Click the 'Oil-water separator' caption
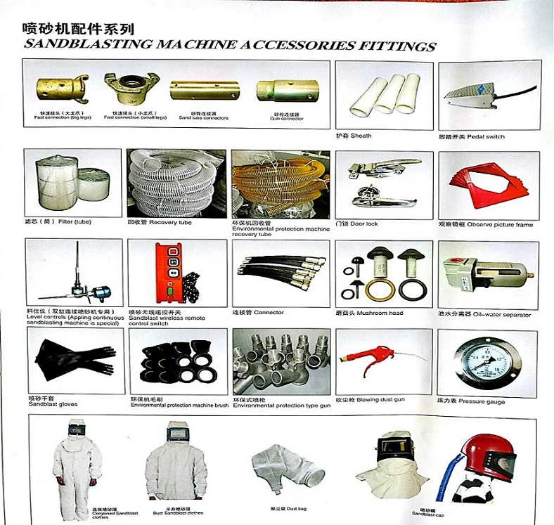484,315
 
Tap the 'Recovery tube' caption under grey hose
159,222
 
